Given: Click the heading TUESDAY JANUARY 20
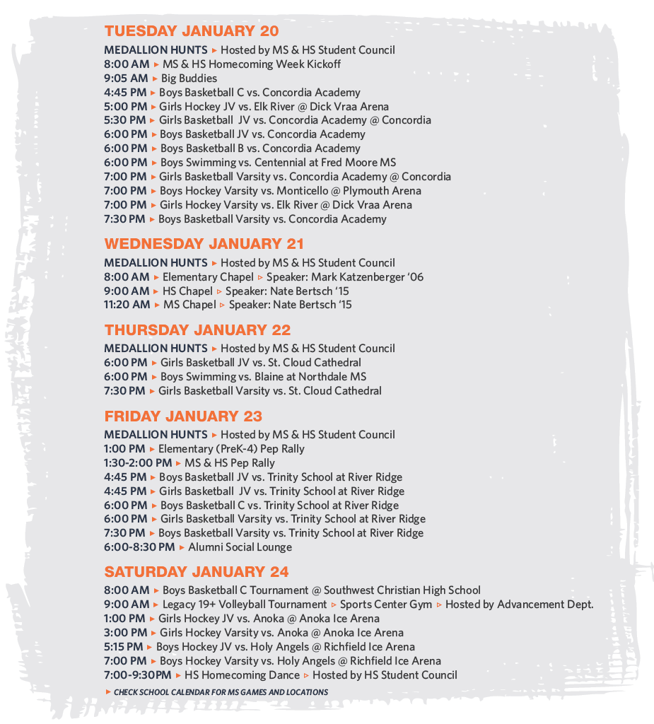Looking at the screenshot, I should point(191,31).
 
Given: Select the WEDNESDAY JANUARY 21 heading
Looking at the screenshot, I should point(204,244).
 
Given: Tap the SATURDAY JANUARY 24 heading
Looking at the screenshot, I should point(197,572).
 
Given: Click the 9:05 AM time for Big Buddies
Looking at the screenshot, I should point(126,78).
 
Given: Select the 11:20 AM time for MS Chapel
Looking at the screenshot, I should point(127,305).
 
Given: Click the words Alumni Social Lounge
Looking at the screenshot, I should point(240,547).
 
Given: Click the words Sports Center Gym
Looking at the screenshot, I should point(385,605).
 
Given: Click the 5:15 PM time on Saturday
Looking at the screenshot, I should point(124,647).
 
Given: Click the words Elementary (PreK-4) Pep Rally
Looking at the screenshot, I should point(231,449).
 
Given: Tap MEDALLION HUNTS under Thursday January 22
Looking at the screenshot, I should point(156,349).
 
